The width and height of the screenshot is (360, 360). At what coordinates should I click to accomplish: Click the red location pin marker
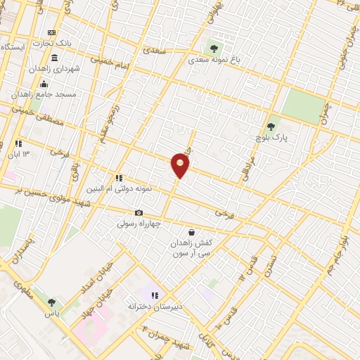point(181,165)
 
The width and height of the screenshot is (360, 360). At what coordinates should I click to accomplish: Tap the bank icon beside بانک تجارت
point(51,32)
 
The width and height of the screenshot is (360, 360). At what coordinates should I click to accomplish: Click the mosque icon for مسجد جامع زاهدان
point(44,84)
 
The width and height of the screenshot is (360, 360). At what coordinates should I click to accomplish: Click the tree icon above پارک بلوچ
point(271,127)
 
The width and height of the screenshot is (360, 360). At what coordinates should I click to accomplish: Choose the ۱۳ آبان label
point(19,154)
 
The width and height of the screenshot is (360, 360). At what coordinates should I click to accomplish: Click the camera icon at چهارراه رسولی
point(139,212)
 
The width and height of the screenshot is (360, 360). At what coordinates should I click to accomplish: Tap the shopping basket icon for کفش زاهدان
point(191,232)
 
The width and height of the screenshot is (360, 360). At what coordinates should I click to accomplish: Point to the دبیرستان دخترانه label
point(154,307)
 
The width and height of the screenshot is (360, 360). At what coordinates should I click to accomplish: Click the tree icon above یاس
point(50,302)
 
